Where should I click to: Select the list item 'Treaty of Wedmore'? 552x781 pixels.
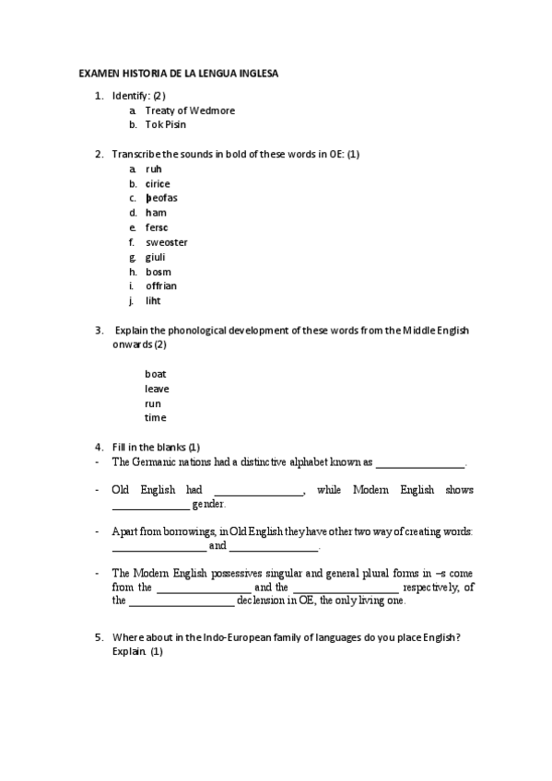click(x=190, y=111)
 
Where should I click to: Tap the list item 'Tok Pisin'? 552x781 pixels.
click(x=166, y=125)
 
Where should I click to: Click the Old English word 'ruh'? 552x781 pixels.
click(x=154, y=169)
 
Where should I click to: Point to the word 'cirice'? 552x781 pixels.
click(x=158, y=184)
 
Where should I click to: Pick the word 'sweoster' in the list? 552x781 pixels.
click(x=166, y=242)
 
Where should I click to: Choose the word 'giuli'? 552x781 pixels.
click(x=156, y=257)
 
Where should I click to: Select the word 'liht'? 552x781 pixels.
click(x=154, y=301)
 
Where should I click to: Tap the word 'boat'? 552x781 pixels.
click(x=155, y=374)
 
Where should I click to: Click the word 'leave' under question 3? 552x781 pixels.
click(x=157, y=389)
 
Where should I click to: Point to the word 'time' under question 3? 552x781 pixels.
click(x=155, y=418)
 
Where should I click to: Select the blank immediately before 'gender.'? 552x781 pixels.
click(x=150, y=507)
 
